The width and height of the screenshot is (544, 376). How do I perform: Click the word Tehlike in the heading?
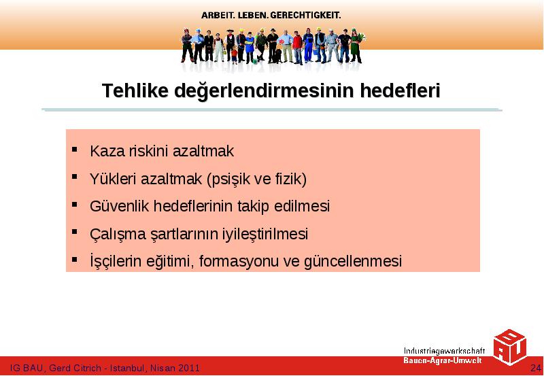(135, 90)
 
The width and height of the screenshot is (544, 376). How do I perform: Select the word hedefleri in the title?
(400, 90)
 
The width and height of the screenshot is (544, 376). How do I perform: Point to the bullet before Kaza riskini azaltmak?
(75, 150)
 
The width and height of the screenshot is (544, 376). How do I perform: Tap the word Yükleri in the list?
(113, 179)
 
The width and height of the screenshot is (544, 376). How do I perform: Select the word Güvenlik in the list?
(119, 207)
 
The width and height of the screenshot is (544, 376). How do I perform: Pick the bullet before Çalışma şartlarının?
(75, 232)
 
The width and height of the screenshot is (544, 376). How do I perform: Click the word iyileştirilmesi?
(265, 234)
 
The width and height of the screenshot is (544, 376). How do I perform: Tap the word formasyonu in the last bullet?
(239, 261)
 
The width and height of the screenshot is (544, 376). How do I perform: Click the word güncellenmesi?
(353, 261)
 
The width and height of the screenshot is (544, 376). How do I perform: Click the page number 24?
(536, 368)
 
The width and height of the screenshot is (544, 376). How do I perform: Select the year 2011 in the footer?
(189, 368)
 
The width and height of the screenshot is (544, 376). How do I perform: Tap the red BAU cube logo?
(509, 347)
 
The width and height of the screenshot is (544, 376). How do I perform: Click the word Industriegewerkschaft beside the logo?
(445, 351)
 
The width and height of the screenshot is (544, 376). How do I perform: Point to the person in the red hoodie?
(297, 48)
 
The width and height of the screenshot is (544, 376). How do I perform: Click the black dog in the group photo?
(277, 56)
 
